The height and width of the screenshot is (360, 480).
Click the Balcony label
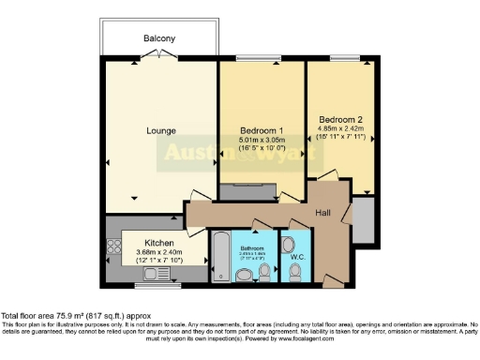159,38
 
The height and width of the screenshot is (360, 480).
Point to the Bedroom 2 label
339,119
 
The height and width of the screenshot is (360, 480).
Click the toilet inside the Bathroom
264,270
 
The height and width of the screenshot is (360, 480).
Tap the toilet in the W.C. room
295,271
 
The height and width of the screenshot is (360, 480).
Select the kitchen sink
148,274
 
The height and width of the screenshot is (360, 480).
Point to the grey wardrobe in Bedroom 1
247,192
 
